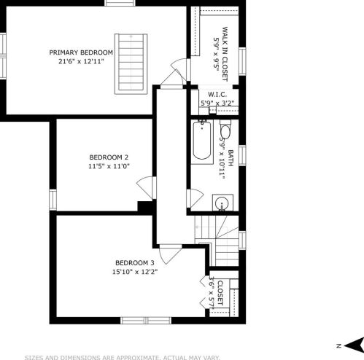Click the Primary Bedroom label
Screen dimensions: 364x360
pos(81,52)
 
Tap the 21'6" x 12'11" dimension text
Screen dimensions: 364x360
pos(81,61)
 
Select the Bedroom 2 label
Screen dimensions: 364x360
pos(109,157)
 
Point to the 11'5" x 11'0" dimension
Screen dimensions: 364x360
pos(109,166)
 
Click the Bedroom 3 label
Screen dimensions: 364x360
pos(135,263)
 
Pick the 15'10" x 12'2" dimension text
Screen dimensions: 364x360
pos(135,272)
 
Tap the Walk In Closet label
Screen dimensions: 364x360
pos(225,54)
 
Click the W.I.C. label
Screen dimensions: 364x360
pos(217,95)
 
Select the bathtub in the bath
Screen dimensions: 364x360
pos(202,141)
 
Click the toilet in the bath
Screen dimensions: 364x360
pos(225,129)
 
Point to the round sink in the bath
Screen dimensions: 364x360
pos(222,203)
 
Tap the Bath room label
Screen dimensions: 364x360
pos(231,158)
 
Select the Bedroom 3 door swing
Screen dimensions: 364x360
pos(170,254)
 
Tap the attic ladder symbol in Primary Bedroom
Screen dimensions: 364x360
pos(131,64)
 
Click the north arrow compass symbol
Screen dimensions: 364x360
pos(354,345)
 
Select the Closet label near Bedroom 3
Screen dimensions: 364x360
pos(220,293)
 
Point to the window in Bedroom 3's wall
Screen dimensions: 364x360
pos(146,321)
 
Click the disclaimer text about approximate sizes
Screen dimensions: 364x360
pos(122,358)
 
